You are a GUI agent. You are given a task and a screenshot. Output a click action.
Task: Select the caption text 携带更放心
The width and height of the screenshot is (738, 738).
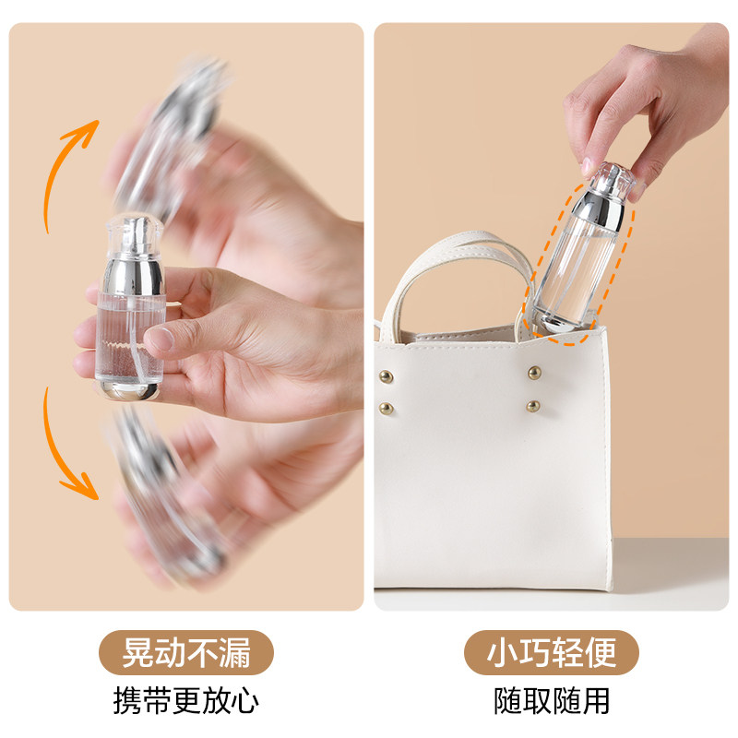click(186, 700)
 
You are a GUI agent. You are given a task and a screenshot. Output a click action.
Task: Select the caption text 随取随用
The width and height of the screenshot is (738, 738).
click(552, 700)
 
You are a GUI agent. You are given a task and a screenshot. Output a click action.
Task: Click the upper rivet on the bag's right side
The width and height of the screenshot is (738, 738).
click(534, 372)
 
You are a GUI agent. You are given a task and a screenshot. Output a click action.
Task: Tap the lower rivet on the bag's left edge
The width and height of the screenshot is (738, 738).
click(386, 407)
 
